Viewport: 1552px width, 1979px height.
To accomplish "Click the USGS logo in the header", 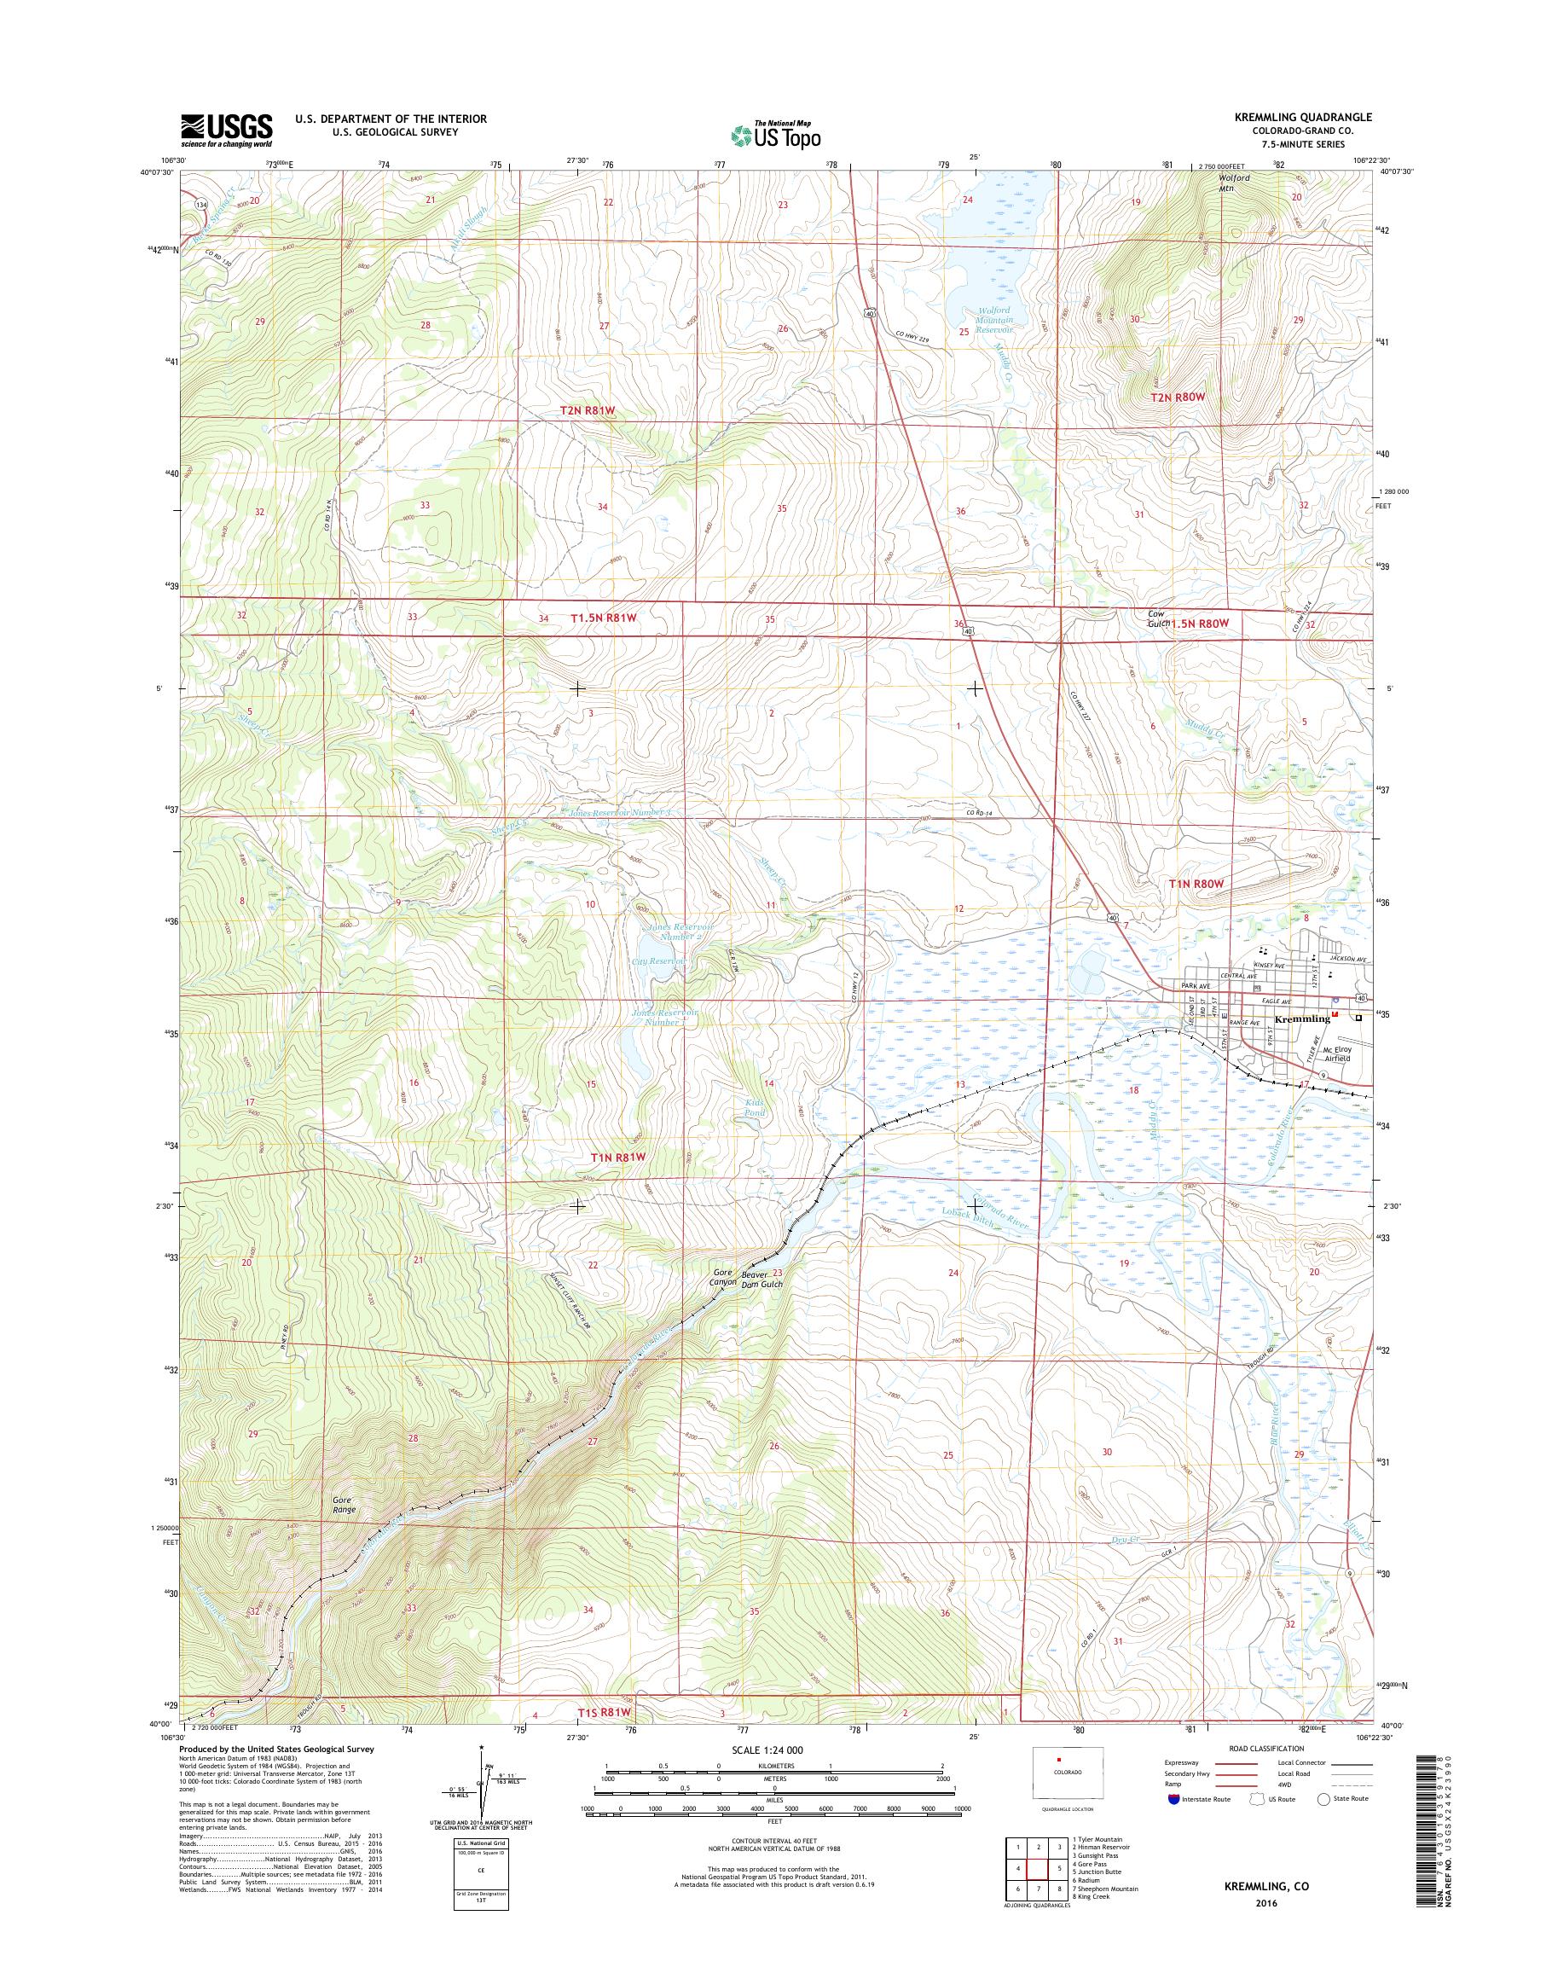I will (226, 130).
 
